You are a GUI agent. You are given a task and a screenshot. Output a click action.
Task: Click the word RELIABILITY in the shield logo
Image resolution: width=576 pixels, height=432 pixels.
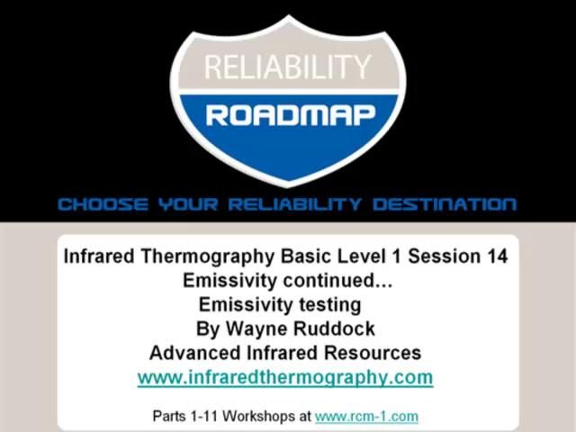coord(288,67)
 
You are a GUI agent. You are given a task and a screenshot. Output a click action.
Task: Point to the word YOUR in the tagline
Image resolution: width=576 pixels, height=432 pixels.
coord(188,204)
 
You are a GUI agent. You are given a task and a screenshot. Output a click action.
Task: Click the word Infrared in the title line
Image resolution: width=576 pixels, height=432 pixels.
coord(99,256)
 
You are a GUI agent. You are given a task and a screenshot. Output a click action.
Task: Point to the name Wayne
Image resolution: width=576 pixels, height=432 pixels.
coord(252,328)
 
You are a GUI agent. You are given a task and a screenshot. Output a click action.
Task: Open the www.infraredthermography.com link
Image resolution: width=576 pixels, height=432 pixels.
coord(285,377)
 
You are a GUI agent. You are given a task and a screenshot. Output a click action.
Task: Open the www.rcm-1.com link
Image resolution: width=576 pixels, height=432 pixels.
coord(366,417)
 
